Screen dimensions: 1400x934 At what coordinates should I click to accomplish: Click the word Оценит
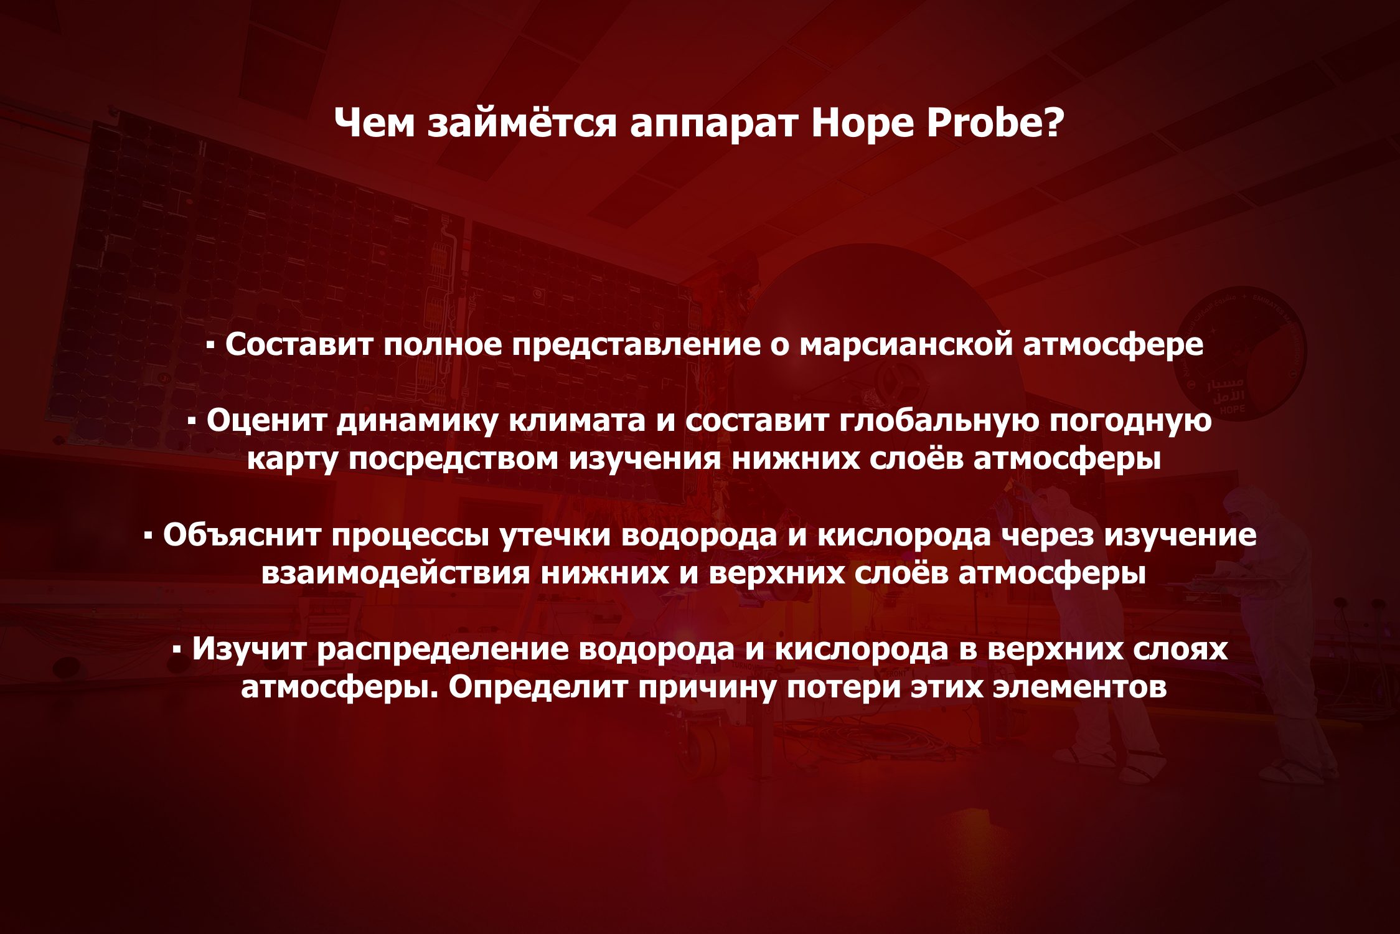[267, 420]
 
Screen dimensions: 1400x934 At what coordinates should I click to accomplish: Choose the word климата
[577, 421]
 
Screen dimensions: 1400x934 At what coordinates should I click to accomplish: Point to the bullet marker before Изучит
[177, 649]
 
